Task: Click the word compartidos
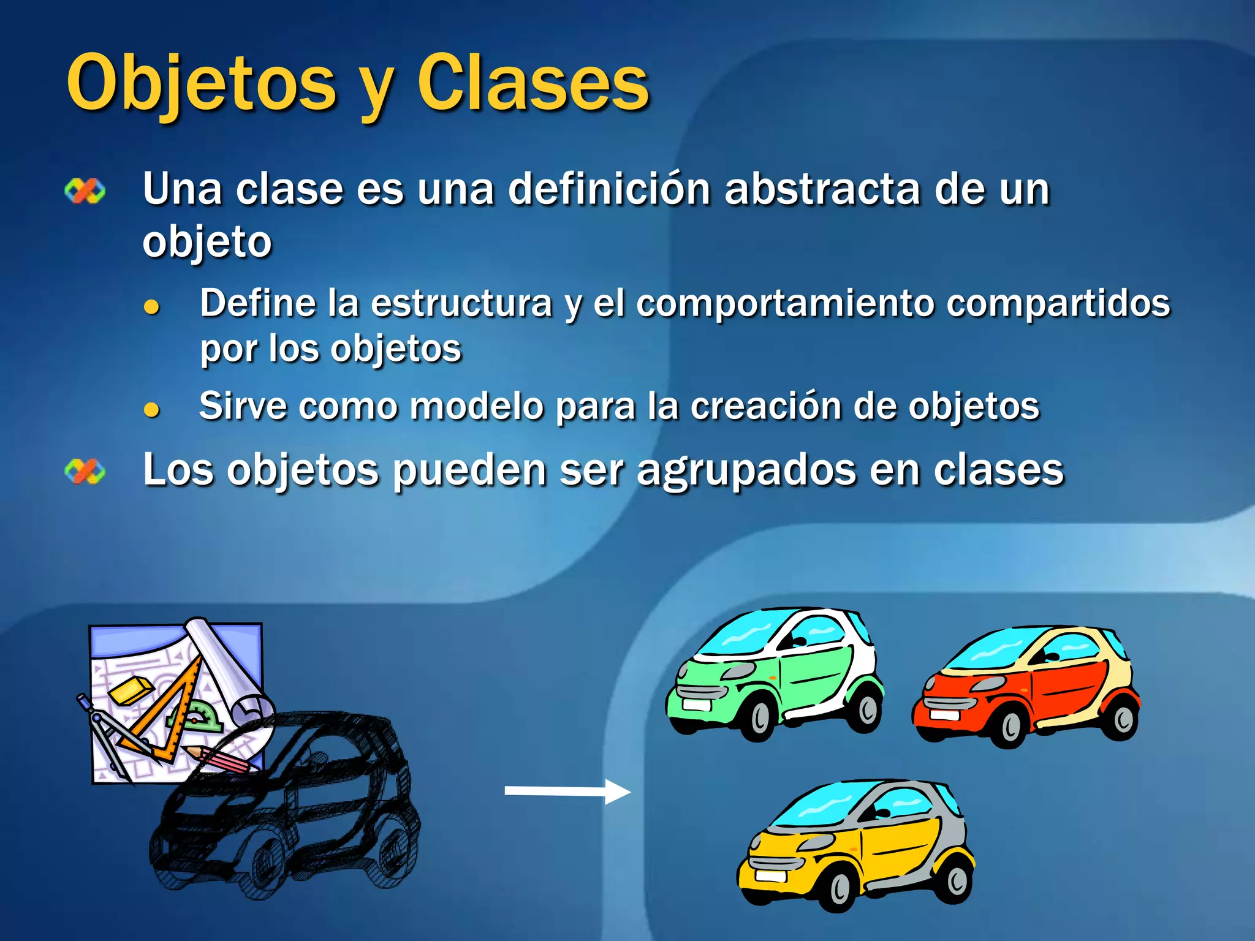(x=1058, y=303)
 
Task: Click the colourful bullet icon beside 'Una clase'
(x=85, y=191)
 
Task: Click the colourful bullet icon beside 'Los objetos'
(x=85, y=472)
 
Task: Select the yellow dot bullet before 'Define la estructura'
(x=151, y=306)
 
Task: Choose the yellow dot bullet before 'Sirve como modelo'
(x=151, y=409)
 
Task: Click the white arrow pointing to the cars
(x=566, y=791)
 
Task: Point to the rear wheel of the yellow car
(x=956, y=880)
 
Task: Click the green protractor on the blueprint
(x=202, y=717)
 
